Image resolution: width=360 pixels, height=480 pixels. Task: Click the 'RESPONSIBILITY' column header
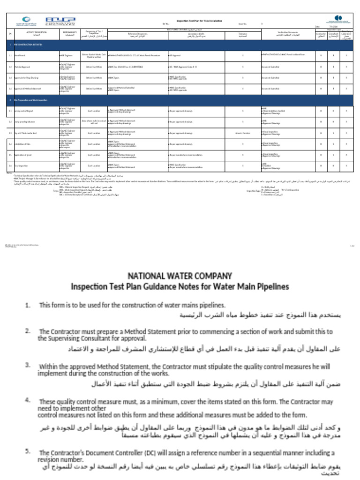(x=69, y=34)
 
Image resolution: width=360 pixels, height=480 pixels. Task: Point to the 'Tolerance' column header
(x=242, y=34)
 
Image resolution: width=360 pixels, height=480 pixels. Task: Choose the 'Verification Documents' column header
(x=287, y=34)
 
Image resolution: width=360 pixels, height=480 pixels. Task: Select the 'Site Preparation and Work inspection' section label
(x=33, y=100)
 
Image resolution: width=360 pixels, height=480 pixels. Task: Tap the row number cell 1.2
(x=10, y=67)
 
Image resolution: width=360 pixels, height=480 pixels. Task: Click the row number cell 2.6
(x=10, y=166)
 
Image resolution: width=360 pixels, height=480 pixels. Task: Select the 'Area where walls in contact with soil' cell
(x=94, y=122)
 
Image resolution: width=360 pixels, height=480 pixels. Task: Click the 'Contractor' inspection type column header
(x=321, y=35)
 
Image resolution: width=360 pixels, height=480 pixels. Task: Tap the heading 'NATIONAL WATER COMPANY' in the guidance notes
(x=180, y=276)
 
